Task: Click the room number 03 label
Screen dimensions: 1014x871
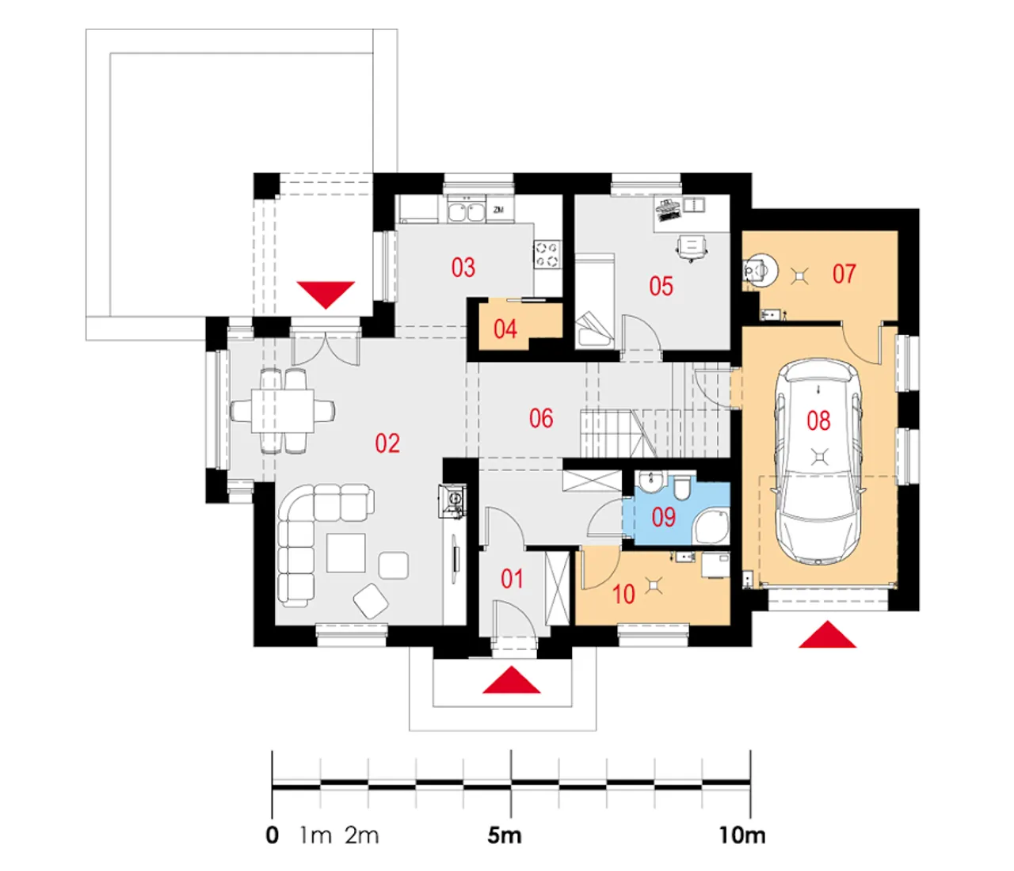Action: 463,268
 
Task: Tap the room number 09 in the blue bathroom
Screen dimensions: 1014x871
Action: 663,517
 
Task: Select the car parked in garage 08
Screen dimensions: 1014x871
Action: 818,462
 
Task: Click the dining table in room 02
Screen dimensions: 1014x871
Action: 283,410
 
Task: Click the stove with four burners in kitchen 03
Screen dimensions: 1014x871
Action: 547,254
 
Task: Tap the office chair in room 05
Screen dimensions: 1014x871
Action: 692,248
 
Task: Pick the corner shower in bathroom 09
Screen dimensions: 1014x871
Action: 711,527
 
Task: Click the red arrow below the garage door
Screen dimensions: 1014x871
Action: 827,634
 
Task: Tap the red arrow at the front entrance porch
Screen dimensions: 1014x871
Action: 511,679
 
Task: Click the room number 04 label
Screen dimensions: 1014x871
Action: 505,329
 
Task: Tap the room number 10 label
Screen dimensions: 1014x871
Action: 623,595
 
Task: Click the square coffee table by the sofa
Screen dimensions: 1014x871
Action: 346,553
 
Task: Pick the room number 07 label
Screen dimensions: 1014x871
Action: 844,274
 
